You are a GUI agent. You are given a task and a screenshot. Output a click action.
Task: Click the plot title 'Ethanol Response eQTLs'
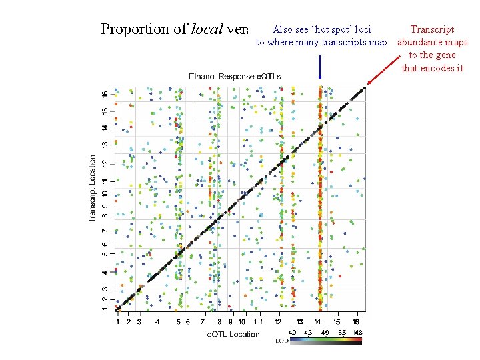coord(235,76)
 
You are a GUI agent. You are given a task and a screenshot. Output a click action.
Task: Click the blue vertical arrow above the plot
coord(321,67)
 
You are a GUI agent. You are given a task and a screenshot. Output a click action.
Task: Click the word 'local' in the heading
coord(207,29)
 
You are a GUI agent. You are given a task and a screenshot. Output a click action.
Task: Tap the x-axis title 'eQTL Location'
coord(232,333)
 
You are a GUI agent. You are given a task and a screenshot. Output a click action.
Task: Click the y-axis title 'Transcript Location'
coord(93,189)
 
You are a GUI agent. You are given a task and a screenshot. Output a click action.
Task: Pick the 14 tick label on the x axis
coord(319,322)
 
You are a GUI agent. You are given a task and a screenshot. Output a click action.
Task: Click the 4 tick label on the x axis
coord(157,322)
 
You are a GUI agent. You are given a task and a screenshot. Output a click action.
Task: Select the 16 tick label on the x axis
coord(357,322)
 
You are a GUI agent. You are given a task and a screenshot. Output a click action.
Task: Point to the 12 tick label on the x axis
coord(278,322)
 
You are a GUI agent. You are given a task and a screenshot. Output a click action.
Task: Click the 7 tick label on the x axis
coord(202,322)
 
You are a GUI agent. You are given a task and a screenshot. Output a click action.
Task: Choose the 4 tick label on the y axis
coord(104,272)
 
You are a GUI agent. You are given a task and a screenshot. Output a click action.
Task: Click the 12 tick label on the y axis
coord(104,163)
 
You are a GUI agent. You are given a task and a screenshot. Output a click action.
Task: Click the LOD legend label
coord(282,341)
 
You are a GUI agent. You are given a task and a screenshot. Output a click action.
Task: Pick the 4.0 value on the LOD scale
coord(292,332)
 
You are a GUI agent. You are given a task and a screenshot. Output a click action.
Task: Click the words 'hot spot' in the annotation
coord(325,29)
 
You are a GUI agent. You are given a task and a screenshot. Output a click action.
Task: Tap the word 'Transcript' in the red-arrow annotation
coord(432,29)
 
